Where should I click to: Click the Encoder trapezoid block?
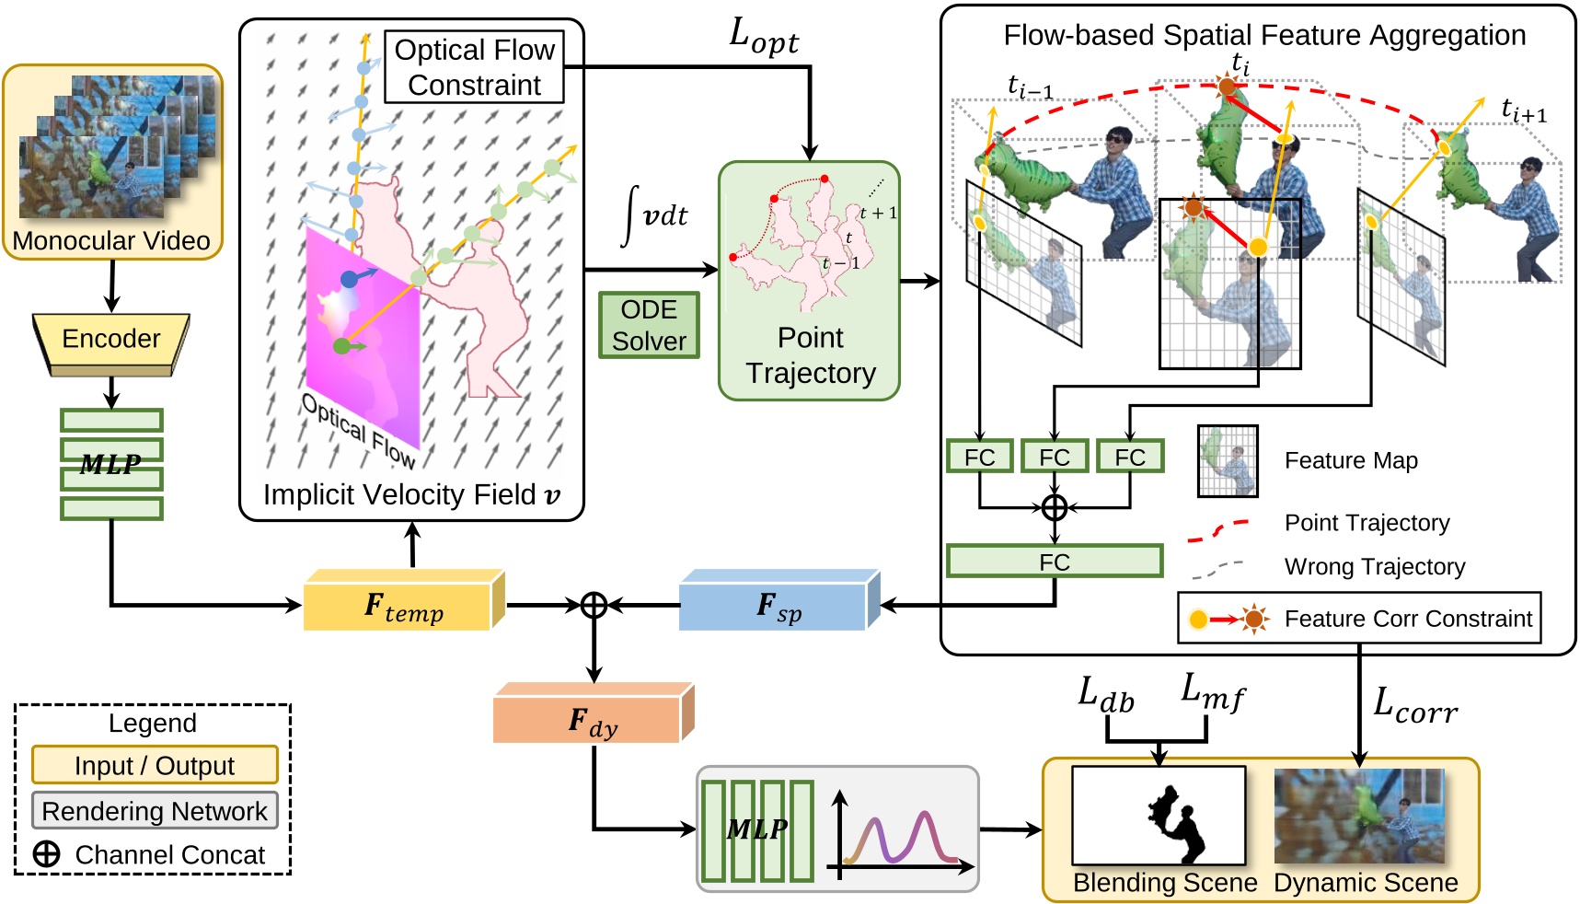pyautogui.click(x=110, y=340)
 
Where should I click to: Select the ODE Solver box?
pyautogui.click(x=649, y=325)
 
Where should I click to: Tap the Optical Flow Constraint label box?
pyautogui.click(x=474, y=67)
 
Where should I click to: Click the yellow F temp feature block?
pyautogui.click(x=403, y=606)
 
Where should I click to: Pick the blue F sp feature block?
pyautogui.click(x=778, y=606)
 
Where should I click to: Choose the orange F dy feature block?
pyautogui.click(x=592, y=719)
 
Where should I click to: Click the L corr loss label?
pyautogui.click(x=1414, y=705)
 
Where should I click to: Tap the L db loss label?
pyautogui.click(x=1105, y=695)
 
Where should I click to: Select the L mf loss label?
pyautogui.click(x=1212, y=691)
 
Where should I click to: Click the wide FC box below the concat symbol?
pyautogui.click(x=1054, y=562)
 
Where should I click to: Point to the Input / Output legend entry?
pyautogui.click(x=155, y=765)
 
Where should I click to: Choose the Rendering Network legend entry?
pyautogui.click(x=155, y=811)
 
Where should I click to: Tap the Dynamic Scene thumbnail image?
pyautogui.click(x=1358, y=816)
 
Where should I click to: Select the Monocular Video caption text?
pyautogui.click(x=111, y=241)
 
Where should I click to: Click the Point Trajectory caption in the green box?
pyautogui.click(x=810, y=355)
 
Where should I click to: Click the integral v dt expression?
pyautogui.click(x=654, y=214)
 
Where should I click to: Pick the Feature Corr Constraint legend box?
pyautogui.click(x=1359, y=618)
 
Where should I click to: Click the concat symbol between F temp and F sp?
pyautogui.click(x=594, y=605)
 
